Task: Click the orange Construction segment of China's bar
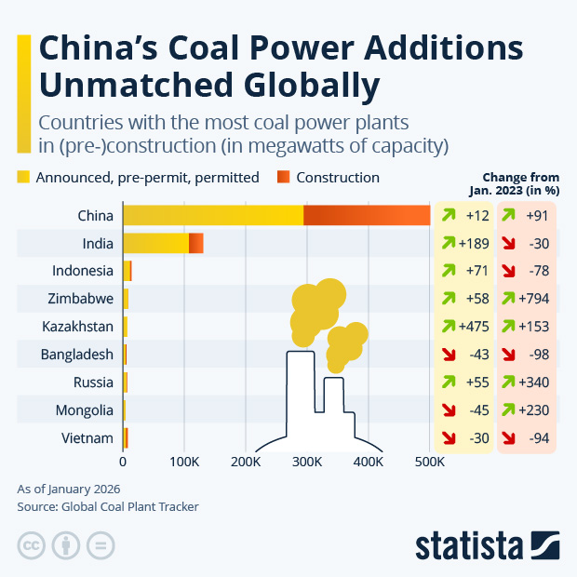tap(367, 215)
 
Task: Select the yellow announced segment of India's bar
tap(155, 243)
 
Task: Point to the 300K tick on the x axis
tap(307, 461)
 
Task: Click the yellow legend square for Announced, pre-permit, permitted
tap(24, 177)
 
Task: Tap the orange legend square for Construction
tap(284, 177)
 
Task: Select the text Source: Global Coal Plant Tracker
tap(108, 507)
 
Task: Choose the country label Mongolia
tap(85, 410)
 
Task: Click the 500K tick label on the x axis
tap(430, 461)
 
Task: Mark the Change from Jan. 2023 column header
tap(521, 183)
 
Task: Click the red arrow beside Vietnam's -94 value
tap(510, 438)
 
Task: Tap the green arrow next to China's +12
tap(448, 215)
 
